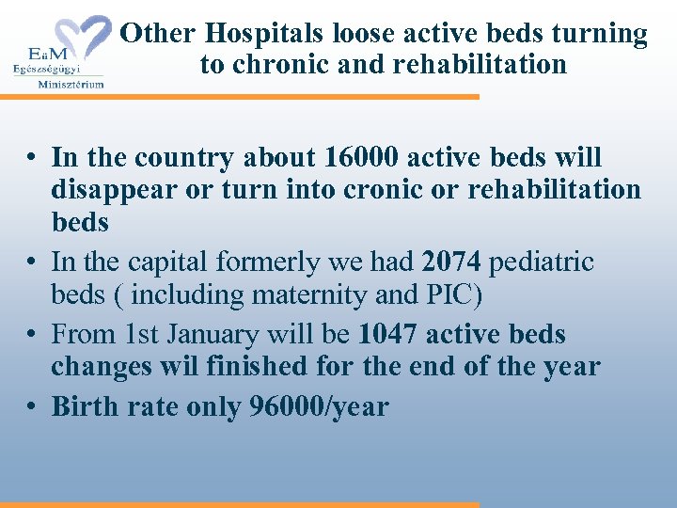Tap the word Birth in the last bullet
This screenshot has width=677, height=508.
(x=82, y=406)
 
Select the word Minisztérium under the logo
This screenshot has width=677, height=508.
(x=71, y=83)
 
